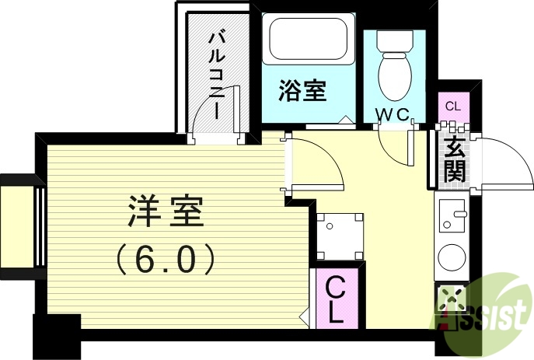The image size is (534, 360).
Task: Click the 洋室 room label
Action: (x=164, y=211)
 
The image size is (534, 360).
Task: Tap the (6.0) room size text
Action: (x=165, y=260)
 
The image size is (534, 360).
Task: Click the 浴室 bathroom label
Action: (x=302, y=91)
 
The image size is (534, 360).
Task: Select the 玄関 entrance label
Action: (x=454, y=159)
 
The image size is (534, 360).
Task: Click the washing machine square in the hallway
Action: (x=340, y=236)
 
